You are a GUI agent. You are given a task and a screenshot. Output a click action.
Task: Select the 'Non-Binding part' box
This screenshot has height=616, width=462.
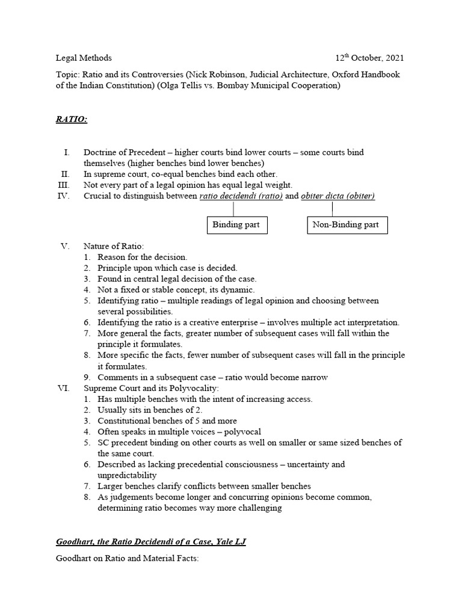tap(347, 225)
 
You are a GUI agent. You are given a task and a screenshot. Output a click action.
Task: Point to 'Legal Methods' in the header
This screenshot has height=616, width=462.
tap(84, 58)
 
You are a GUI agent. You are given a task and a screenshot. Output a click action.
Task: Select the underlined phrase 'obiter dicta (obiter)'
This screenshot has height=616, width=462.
tap(337, 196)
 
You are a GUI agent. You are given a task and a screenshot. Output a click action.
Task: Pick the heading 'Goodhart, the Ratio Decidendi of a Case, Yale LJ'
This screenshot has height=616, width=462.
tap(150, 542)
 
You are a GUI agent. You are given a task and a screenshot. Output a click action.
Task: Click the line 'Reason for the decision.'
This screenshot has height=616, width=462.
tap(143, 257)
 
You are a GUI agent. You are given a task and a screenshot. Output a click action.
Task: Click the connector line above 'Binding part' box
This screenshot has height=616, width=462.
tap(233, 209)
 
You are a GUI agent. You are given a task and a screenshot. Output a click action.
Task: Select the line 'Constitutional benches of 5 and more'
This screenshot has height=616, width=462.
tap(167, 421)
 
